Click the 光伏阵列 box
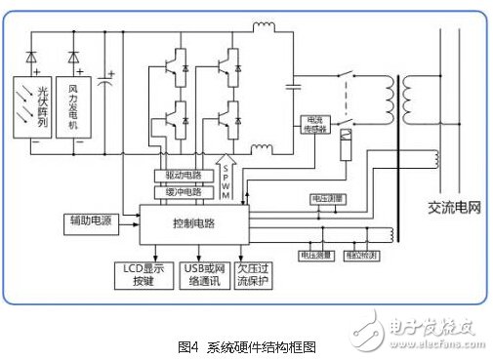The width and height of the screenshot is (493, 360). [40, 108]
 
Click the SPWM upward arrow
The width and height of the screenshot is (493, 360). [226, 177]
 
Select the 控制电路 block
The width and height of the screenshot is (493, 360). [193, 223]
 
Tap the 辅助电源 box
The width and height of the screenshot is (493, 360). [90, 220]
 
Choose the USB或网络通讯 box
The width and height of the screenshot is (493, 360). [198, 274]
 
